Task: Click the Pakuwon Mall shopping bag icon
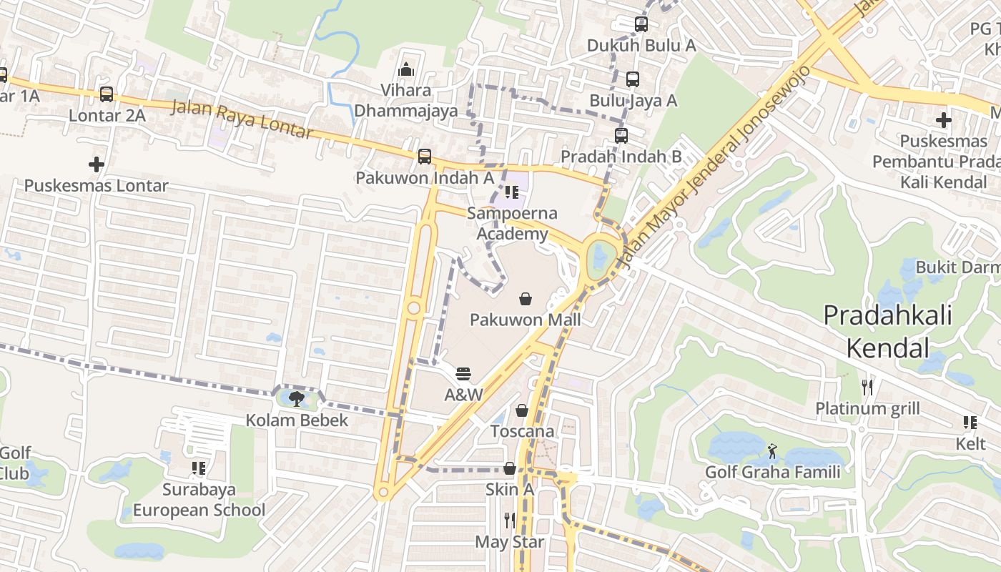click(526, 299)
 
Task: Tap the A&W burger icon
click(463, 374)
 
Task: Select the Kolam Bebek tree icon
click(297, 399)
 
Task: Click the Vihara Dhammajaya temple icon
click(406, 69)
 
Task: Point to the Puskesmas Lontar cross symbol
click(97, 164)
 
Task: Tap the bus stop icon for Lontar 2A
click(107, 94)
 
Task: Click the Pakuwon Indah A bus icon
click(425, 156)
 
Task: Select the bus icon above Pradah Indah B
click(621, 135)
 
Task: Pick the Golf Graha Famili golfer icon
click(772, 451)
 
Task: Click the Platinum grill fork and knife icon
click(867, 388)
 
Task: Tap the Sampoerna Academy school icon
click(511, 192)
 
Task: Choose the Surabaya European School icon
click(199, 468)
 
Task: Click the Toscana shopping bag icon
click(522, 410)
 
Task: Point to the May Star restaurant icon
click(510, 521)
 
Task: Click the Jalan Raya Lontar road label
click(242, 119)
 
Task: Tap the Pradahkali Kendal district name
click(888, 331)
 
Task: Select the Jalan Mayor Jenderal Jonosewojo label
click(715, 168)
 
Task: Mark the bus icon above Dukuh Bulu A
click(641, 24)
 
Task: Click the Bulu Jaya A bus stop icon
click(633, 79)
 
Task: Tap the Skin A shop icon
click(510, 469)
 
